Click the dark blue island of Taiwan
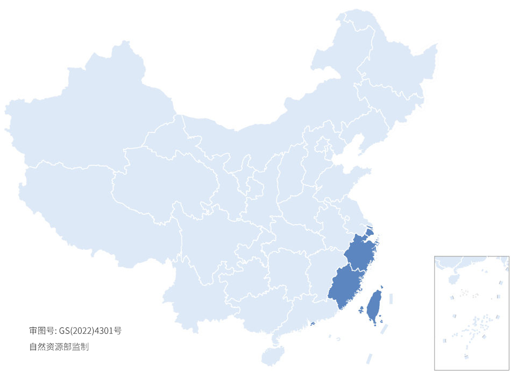coord(374,306)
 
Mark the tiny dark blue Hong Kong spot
coord(313,323)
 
